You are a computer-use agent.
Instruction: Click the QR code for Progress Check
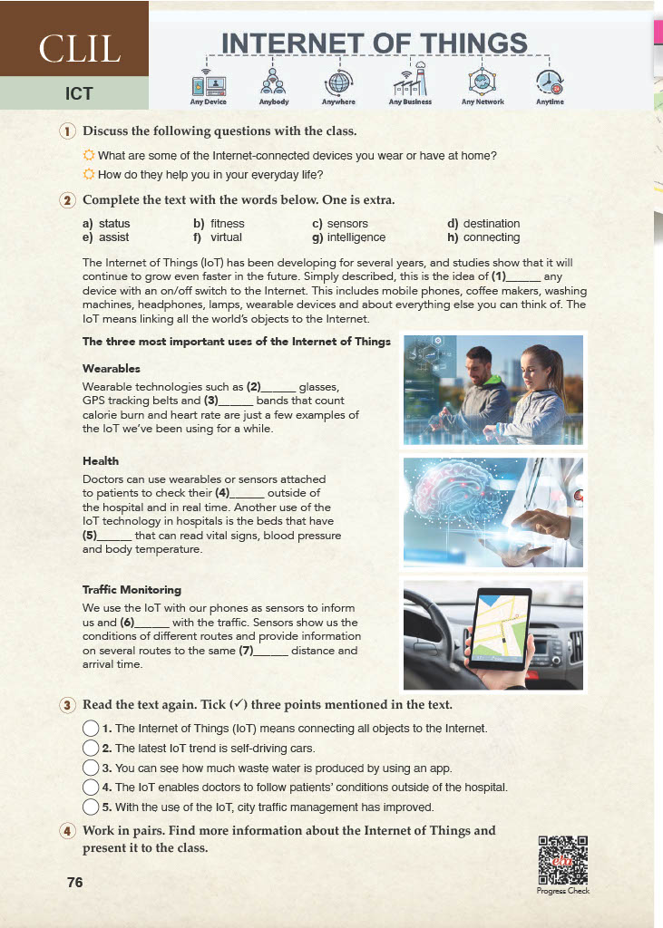point(563,860)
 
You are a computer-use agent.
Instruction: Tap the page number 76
point(74,882)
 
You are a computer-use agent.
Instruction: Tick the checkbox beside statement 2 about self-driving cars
point(91,749)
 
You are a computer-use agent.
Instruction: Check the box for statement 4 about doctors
point(91,787)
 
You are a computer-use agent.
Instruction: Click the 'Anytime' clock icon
point(550,83)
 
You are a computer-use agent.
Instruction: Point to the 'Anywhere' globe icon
point(338,82)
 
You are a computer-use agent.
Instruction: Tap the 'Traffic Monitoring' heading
point(132,590)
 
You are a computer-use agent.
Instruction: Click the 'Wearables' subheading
point(111,369)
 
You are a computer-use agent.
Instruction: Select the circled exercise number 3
point(67,705)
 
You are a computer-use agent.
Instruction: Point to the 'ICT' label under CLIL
point(79,93)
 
